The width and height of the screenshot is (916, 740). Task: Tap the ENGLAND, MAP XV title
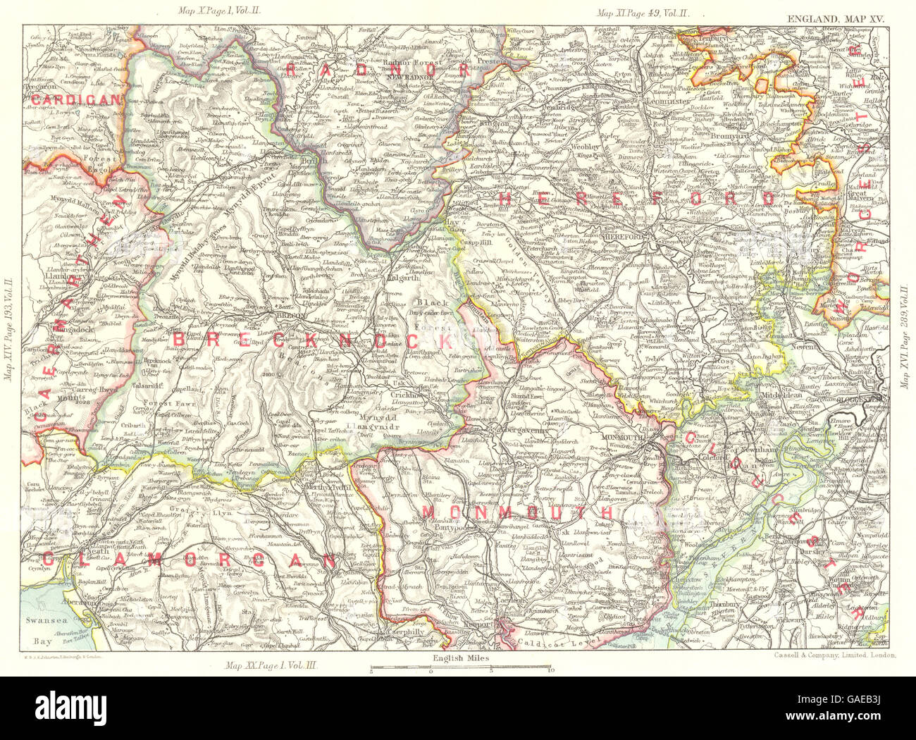(x=846, y=14)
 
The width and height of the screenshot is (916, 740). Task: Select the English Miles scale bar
(x=462, y=667)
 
